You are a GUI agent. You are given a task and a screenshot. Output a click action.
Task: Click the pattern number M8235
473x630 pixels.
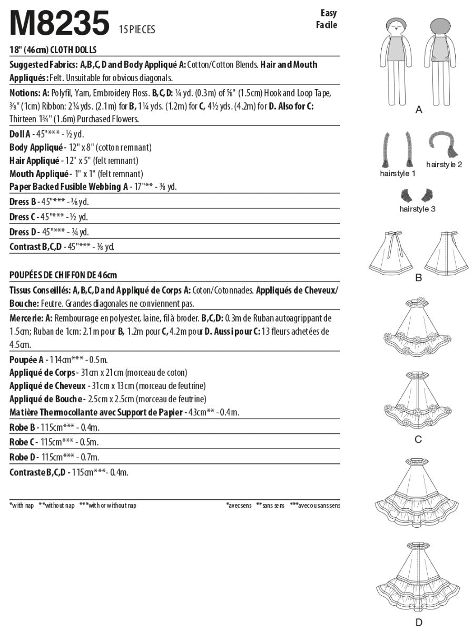(x=60, y=24)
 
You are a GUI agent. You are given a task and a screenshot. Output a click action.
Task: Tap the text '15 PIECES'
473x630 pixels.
(x=137, y=30)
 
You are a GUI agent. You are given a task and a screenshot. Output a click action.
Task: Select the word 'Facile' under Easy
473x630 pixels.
(x=327, y=25)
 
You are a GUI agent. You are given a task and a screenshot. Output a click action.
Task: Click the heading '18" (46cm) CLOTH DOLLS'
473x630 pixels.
(x=55, y=51)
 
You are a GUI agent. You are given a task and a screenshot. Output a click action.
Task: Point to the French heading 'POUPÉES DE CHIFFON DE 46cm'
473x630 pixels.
(x=63, y=275)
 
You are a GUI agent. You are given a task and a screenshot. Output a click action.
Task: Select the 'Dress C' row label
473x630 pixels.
(x=23, y=217)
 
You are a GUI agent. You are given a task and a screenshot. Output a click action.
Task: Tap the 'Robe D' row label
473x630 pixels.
(x=22, y=457)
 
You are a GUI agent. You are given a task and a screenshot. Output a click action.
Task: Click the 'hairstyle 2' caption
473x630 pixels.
(x=444, y=164)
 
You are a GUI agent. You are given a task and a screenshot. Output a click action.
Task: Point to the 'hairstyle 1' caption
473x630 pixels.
(x=398, y=173)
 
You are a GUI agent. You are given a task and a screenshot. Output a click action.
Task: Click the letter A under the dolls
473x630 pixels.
(x=419, y=110)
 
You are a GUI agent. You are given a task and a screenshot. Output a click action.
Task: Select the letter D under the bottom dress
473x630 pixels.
(x=419, y=623)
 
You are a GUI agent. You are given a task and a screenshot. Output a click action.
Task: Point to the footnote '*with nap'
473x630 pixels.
(x=22, y=505)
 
